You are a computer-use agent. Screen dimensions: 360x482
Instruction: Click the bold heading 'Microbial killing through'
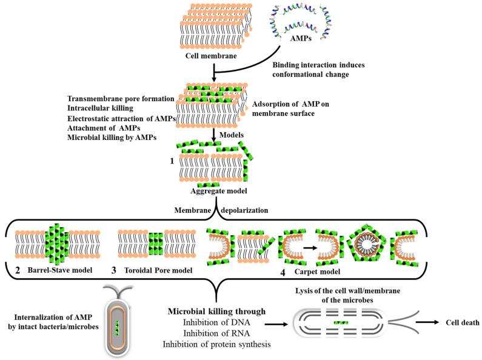point(216,312)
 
